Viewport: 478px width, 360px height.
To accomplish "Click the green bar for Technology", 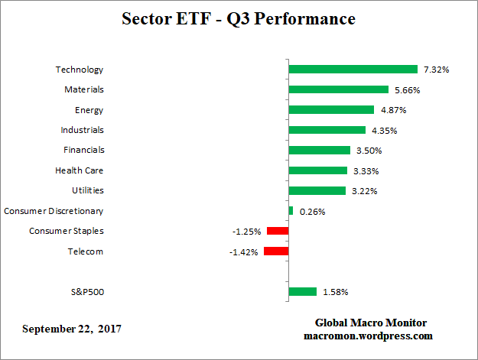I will pyautogui.click(x=353, y=70).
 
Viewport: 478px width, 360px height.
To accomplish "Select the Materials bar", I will pyautogui.click(x=338, y=89).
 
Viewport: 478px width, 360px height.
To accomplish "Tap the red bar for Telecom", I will pyautogui.click(x=275, y=251).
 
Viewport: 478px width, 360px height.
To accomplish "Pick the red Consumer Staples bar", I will pyautogui.click(x=277, y=231).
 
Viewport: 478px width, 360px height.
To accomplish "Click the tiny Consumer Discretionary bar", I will pyautogui.click(x=291, y=210).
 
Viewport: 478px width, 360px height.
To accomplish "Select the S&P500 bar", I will pyautogui.click(x=302, y=291).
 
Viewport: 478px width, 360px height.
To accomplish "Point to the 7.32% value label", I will pyautogui.click(x=436, y=70).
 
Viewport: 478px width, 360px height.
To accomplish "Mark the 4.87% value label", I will pyautogui.click(x=393, y=110).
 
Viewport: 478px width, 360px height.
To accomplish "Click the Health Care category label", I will pyautogui.click(x=79, y=170).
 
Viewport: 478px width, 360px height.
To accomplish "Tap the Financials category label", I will pyautogui.click(x=83, y=150).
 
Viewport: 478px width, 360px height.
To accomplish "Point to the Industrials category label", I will pyautogui.click(x=82, y=130).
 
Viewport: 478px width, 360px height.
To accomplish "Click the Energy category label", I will pyautogui.click(x=89, y=110).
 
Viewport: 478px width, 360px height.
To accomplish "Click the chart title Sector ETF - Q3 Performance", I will pyautogui.click(x=239, y=18).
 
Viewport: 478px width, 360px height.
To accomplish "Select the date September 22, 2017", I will pyautogui.click(x=71, y=329).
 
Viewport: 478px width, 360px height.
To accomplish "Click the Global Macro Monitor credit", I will pyautogui.click(x=370, y=323).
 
